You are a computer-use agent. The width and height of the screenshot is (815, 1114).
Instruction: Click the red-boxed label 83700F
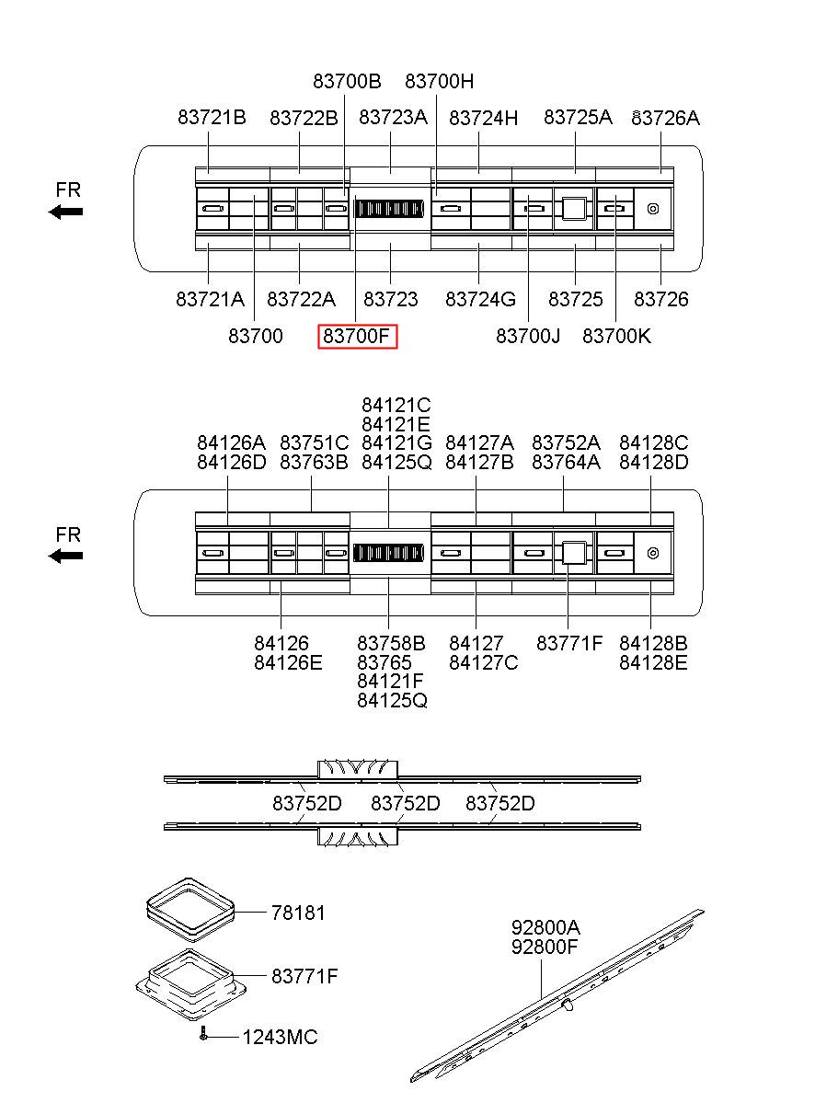coord(358,337)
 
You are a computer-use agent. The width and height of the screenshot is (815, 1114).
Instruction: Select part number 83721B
coord(212,118)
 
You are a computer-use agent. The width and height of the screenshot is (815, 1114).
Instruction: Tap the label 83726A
coord(665,118)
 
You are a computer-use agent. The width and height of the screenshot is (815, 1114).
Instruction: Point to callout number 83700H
coord(440,81)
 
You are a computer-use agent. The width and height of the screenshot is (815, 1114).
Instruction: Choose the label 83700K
coord(616,337)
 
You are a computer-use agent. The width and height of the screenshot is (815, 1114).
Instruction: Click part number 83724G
coord(480,300)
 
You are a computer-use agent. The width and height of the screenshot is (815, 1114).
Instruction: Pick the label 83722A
coord(301,300)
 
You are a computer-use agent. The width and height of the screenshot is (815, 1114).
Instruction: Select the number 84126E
coord(288,662)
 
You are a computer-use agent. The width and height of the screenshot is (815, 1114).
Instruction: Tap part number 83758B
coord(391,643)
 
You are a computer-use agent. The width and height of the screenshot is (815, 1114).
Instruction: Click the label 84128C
coord(653,443)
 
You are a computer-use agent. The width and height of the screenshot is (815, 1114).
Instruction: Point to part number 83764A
coord(566,463)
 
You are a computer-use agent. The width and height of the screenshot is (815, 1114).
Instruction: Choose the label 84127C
coord(483,662)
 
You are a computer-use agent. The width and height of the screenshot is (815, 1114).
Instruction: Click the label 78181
coord(298,913)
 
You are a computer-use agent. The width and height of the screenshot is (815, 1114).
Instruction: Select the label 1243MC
coord(280,1038)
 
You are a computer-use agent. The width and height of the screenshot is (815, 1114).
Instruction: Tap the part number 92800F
coord(545,946)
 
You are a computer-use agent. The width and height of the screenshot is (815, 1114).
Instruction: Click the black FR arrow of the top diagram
coord(66,212)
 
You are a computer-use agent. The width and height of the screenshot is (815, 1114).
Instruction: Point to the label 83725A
coord(578,118)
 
